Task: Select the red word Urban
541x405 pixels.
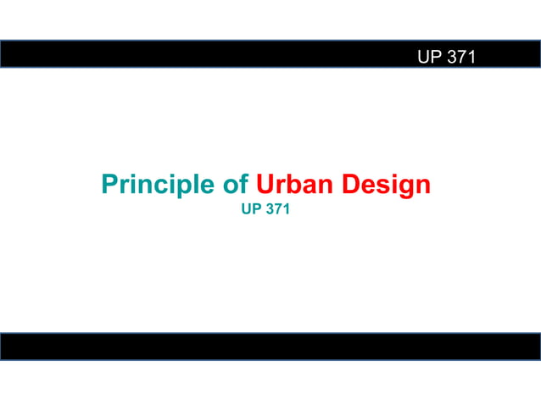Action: pyautogui.click(x=293, y=185)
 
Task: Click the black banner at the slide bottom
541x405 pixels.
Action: pyautogui.click(x=270, y=347)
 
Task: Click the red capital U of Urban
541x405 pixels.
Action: pyautogui.click(x=264, y=185)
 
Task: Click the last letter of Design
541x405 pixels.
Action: pyautogui.click(x=421, y=186)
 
